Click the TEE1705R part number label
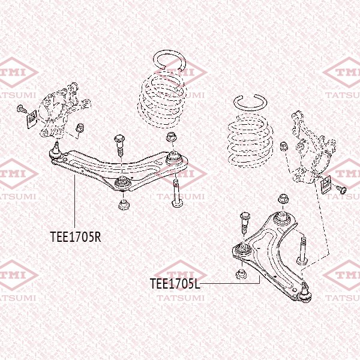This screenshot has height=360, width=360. tap(75, 236)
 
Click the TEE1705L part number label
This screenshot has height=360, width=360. tap(175, 283)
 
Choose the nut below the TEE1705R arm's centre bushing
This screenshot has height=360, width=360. tap(122, 204)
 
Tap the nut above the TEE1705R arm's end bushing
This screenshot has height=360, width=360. tap(172, 137)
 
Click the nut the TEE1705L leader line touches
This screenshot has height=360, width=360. tap(241, 274)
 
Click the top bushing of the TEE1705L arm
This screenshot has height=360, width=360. tap(280, 219)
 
